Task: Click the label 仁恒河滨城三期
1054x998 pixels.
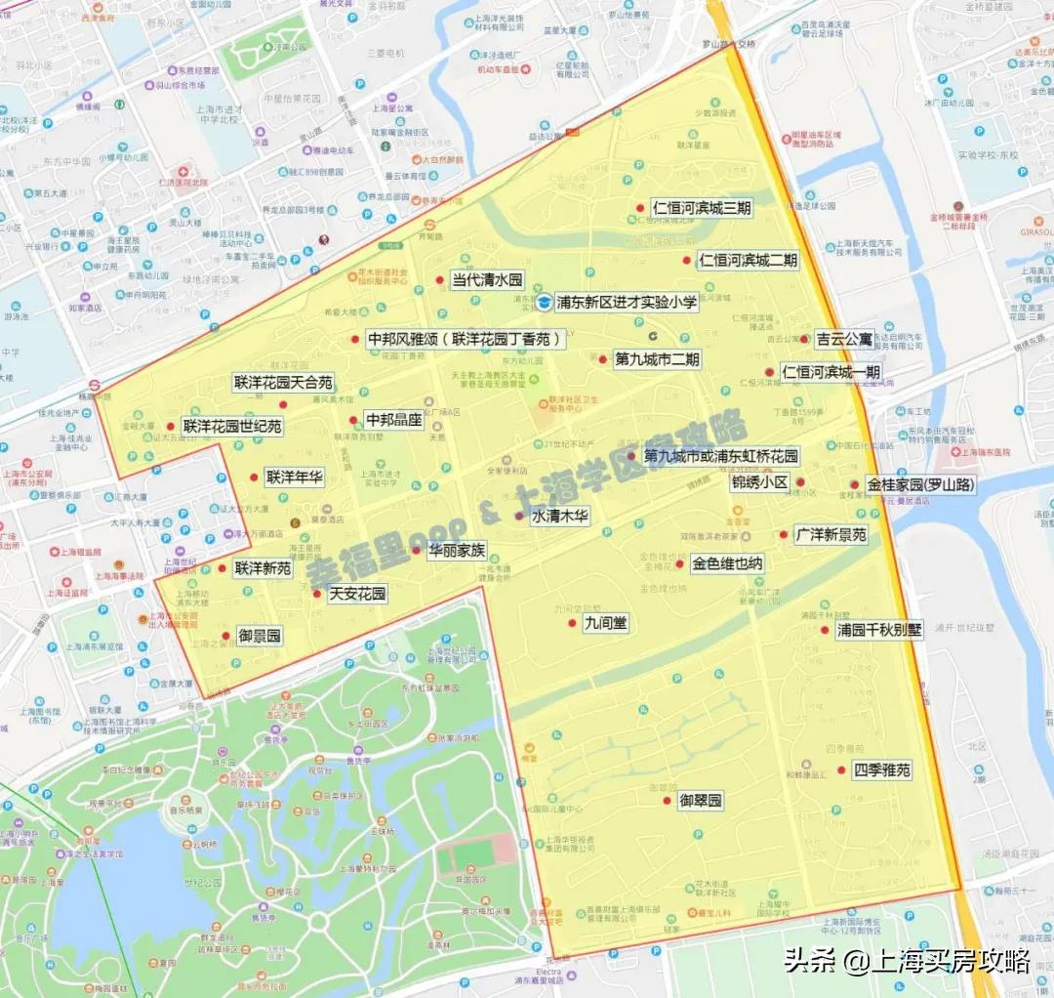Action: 703,208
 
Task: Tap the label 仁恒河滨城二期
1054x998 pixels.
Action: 748,261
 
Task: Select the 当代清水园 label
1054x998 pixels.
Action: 487,280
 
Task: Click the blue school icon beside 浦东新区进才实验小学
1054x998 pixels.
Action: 543,303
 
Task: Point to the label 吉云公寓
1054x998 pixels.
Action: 844,340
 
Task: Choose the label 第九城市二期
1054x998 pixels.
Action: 657,359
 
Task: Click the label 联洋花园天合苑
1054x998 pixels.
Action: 283,382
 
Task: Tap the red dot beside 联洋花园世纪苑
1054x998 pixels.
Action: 172,426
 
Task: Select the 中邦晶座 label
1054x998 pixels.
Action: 393,420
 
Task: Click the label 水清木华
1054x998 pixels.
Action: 559,517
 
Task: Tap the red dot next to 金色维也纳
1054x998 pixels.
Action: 680,563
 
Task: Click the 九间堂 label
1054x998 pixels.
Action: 605,622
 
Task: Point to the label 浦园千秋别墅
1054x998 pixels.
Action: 878,630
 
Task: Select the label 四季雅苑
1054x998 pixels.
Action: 881,769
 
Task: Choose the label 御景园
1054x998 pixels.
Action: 260,636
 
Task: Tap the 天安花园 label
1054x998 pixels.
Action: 357,593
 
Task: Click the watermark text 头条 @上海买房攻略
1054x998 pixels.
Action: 907,961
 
